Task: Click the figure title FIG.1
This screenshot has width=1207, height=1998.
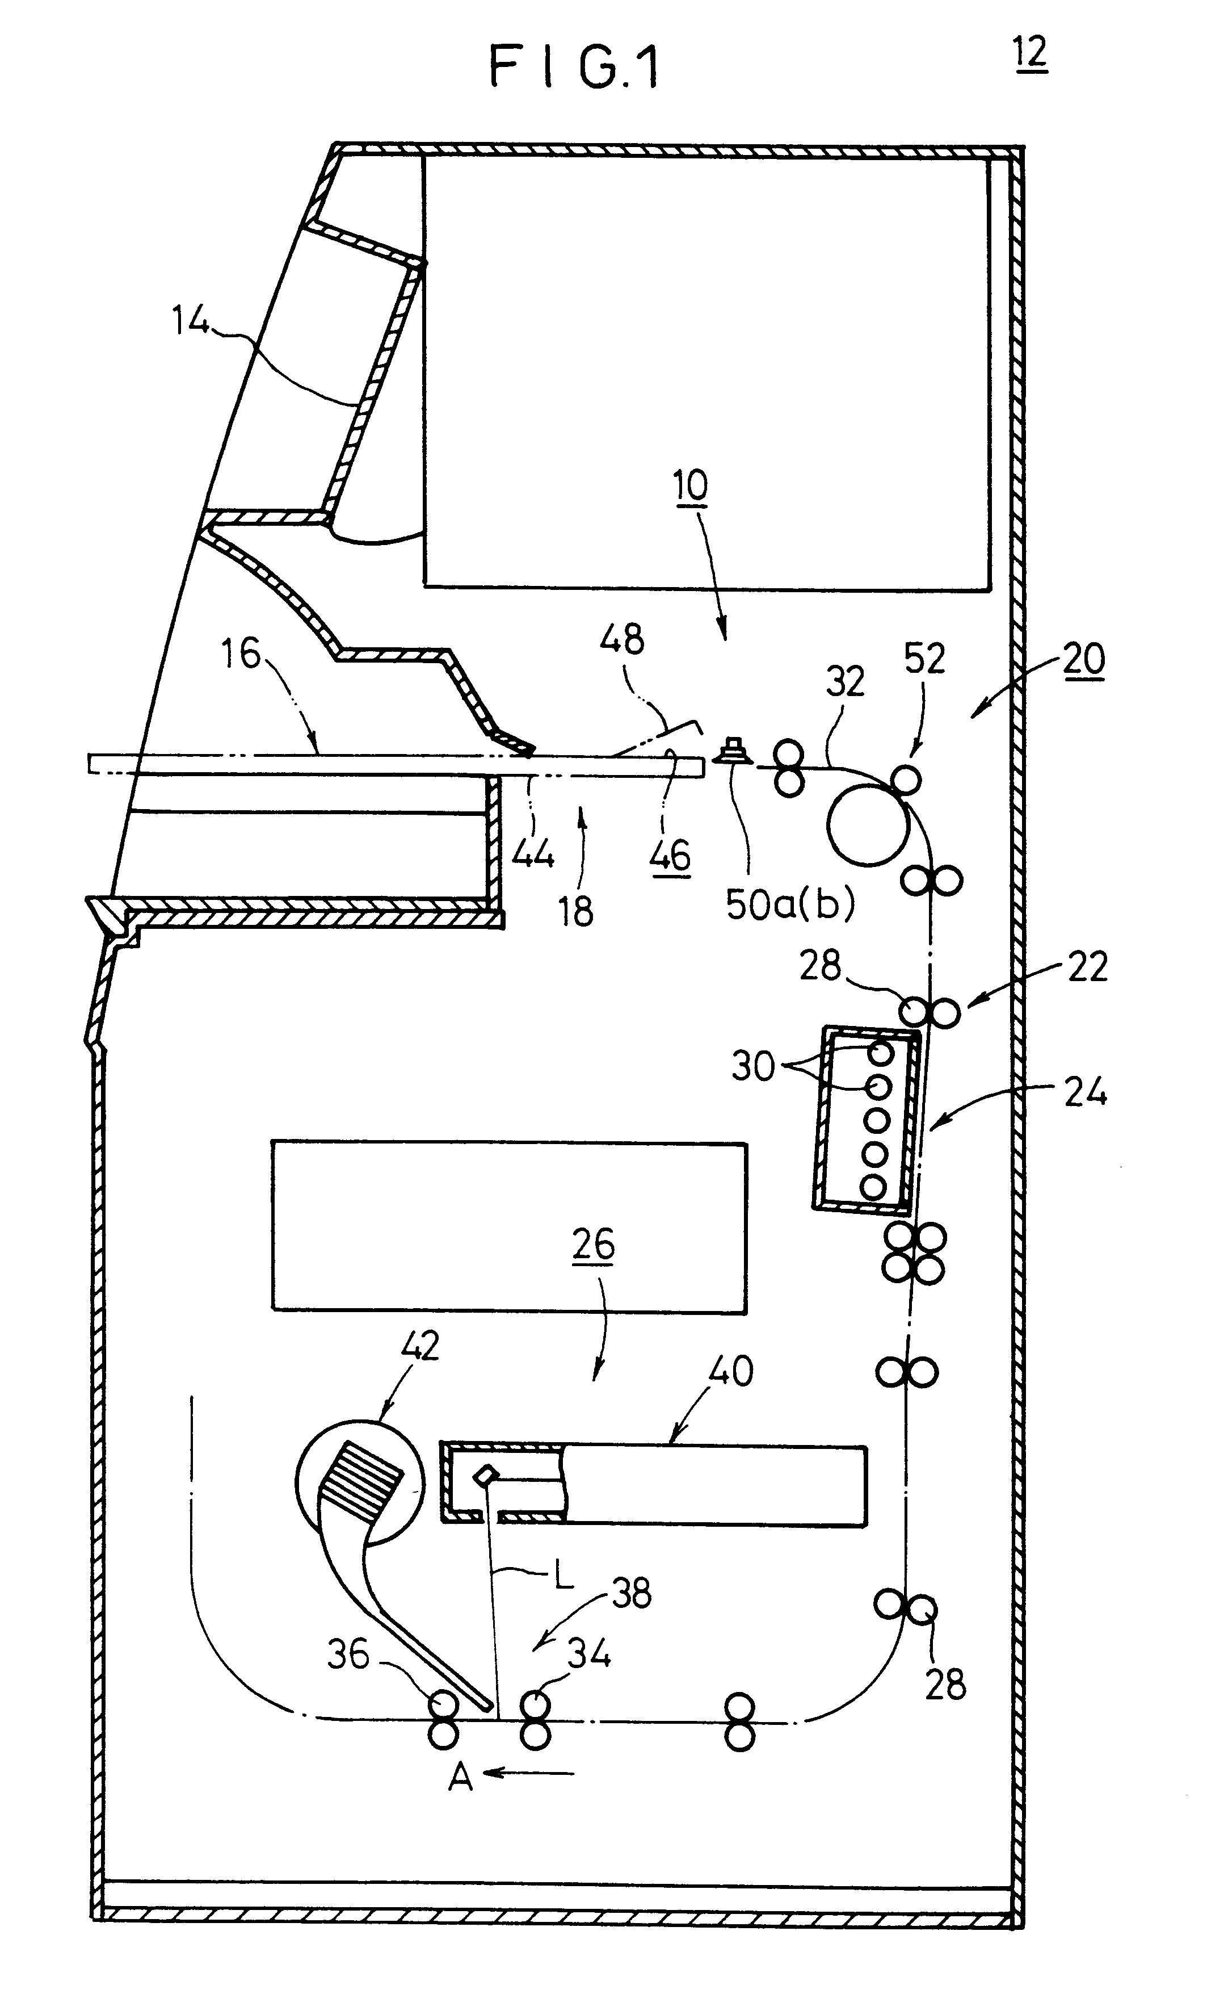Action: [x=573, y=68]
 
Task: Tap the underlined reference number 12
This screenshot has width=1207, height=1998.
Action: [x=1031, y=55]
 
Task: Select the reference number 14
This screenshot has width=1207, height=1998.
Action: [x=191, y=321]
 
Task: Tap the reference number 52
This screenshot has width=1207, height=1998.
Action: [x=924, y=659]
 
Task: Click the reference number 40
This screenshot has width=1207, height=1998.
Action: [x=731, y=1371]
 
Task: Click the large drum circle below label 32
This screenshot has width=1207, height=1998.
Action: [x=867, y=824]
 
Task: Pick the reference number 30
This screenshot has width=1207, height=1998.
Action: [x=753, y=1066]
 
